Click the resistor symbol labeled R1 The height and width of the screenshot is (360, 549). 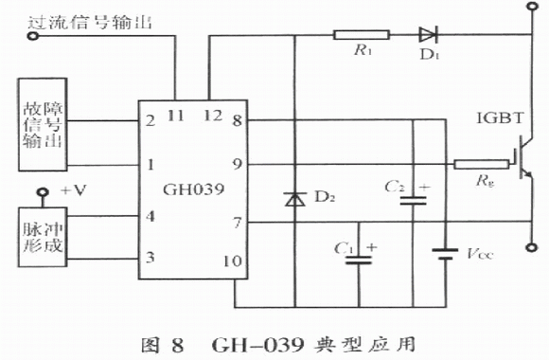362,35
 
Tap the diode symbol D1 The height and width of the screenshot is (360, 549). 428,35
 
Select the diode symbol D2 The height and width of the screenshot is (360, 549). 294,199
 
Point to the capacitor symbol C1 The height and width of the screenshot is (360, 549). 359,260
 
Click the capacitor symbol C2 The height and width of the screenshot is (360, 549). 413,200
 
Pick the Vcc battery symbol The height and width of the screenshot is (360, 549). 445,254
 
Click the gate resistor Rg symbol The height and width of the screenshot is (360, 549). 482,164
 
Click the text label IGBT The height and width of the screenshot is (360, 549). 500,118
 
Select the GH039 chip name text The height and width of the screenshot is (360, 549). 193,189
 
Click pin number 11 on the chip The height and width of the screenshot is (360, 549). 176,116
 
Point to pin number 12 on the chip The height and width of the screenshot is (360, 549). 213,116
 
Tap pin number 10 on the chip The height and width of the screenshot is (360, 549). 232,261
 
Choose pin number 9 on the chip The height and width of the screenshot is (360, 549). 238,164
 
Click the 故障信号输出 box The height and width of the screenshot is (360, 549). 43,125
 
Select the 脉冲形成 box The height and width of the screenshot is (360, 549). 43,237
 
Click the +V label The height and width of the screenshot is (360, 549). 74,190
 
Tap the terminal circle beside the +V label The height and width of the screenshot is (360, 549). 43,191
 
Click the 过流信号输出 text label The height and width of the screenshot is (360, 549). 90,23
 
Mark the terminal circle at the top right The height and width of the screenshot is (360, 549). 533,6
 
